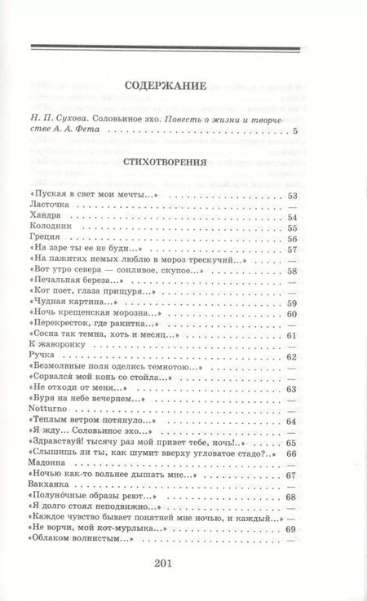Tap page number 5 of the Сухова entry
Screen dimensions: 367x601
click(296, 130)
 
